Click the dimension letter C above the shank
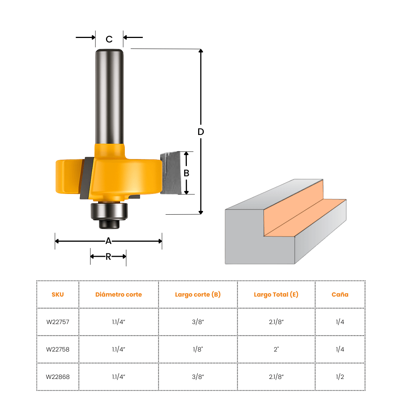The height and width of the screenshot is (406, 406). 109,39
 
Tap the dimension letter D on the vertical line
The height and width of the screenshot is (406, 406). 201,132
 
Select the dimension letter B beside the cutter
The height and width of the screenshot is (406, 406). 186,173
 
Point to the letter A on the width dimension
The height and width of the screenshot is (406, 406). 109,241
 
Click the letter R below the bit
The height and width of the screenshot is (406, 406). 108,257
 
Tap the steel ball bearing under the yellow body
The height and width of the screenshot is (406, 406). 109,211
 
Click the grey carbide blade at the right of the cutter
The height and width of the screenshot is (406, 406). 170,173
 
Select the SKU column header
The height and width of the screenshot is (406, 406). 58,295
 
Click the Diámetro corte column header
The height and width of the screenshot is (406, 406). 118,295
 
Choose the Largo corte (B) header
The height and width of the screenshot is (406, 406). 198,295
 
